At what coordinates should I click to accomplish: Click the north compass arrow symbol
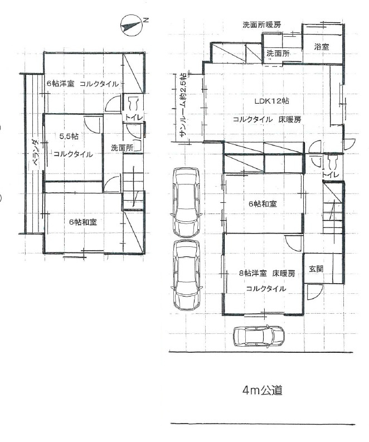tap(131, 25)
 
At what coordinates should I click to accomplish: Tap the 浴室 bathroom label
tap(321, 47)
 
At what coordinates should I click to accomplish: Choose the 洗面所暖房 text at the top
tap(261, 25)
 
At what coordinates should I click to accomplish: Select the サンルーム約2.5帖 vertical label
tap(182, 108)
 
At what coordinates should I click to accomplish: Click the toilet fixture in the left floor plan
tap(133, 104)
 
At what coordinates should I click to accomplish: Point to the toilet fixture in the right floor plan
tap(333, 162)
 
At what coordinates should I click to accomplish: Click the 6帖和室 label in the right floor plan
tap(263, 204)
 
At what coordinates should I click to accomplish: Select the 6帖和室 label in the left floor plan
tap(82, 221)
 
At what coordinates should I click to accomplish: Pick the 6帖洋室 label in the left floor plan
tap(61, 84)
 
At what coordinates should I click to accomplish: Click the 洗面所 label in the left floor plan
tap(121, 148)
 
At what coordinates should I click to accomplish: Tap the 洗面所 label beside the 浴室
tap(278, 54)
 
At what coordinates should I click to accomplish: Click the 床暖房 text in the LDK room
tap(290, 119)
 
